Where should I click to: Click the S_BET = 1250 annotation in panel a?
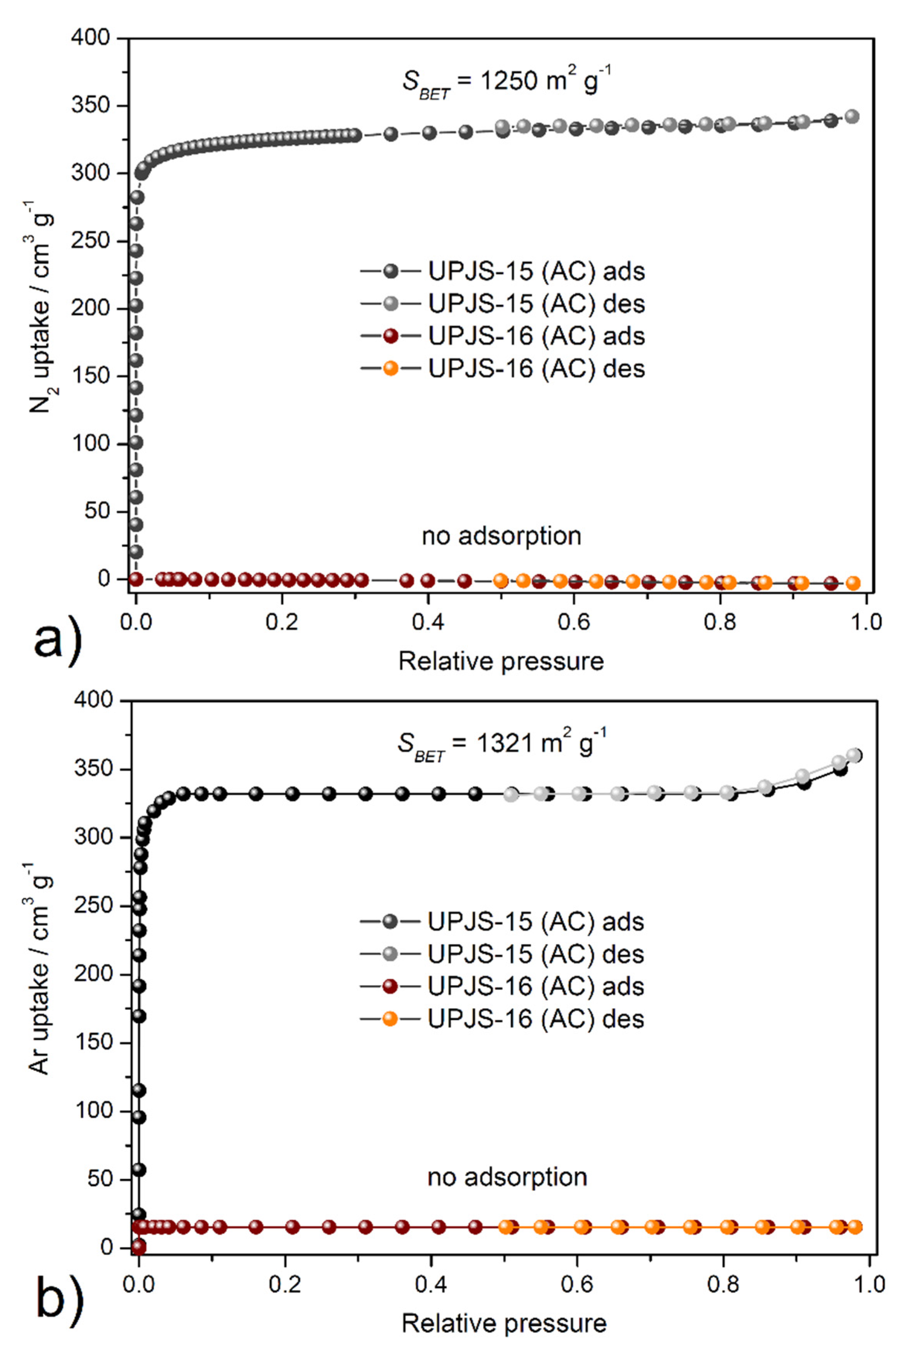[506, 83]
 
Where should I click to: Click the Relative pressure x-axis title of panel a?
[501, 661]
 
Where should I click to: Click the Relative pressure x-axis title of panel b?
[503, 1324]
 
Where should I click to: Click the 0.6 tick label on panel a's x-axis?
[574, 622]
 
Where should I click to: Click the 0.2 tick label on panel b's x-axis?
[285, 1283]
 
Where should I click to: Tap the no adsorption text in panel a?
[501, 536]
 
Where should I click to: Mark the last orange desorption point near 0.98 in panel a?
[853, 583]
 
